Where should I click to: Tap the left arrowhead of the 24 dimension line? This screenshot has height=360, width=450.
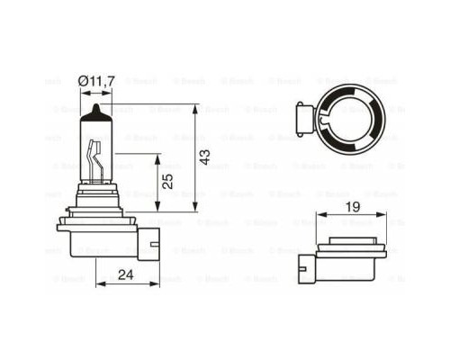[x=96, y=282]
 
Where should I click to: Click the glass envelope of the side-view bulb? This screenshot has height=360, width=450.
[x=94, y=148]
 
